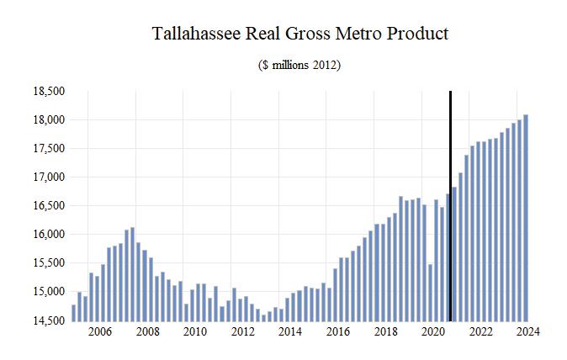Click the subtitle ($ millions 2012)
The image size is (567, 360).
pyautogui.click(x=299, y=65)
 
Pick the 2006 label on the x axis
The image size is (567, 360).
pyautogui.click(x=99, y=331)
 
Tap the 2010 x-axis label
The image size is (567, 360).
pyautogui.click(x=194, y=331)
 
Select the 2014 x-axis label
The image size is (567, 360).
pyautogui.click(x=290, y=331)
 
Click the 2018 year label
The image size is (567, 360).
pyautogui.click(x=385, y=331)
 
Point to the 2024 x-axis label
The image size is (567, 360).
pyautogui.click(x=528, y=331)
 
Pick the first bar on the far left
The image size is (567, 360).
pyautogui.click(x=73, y=312)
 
